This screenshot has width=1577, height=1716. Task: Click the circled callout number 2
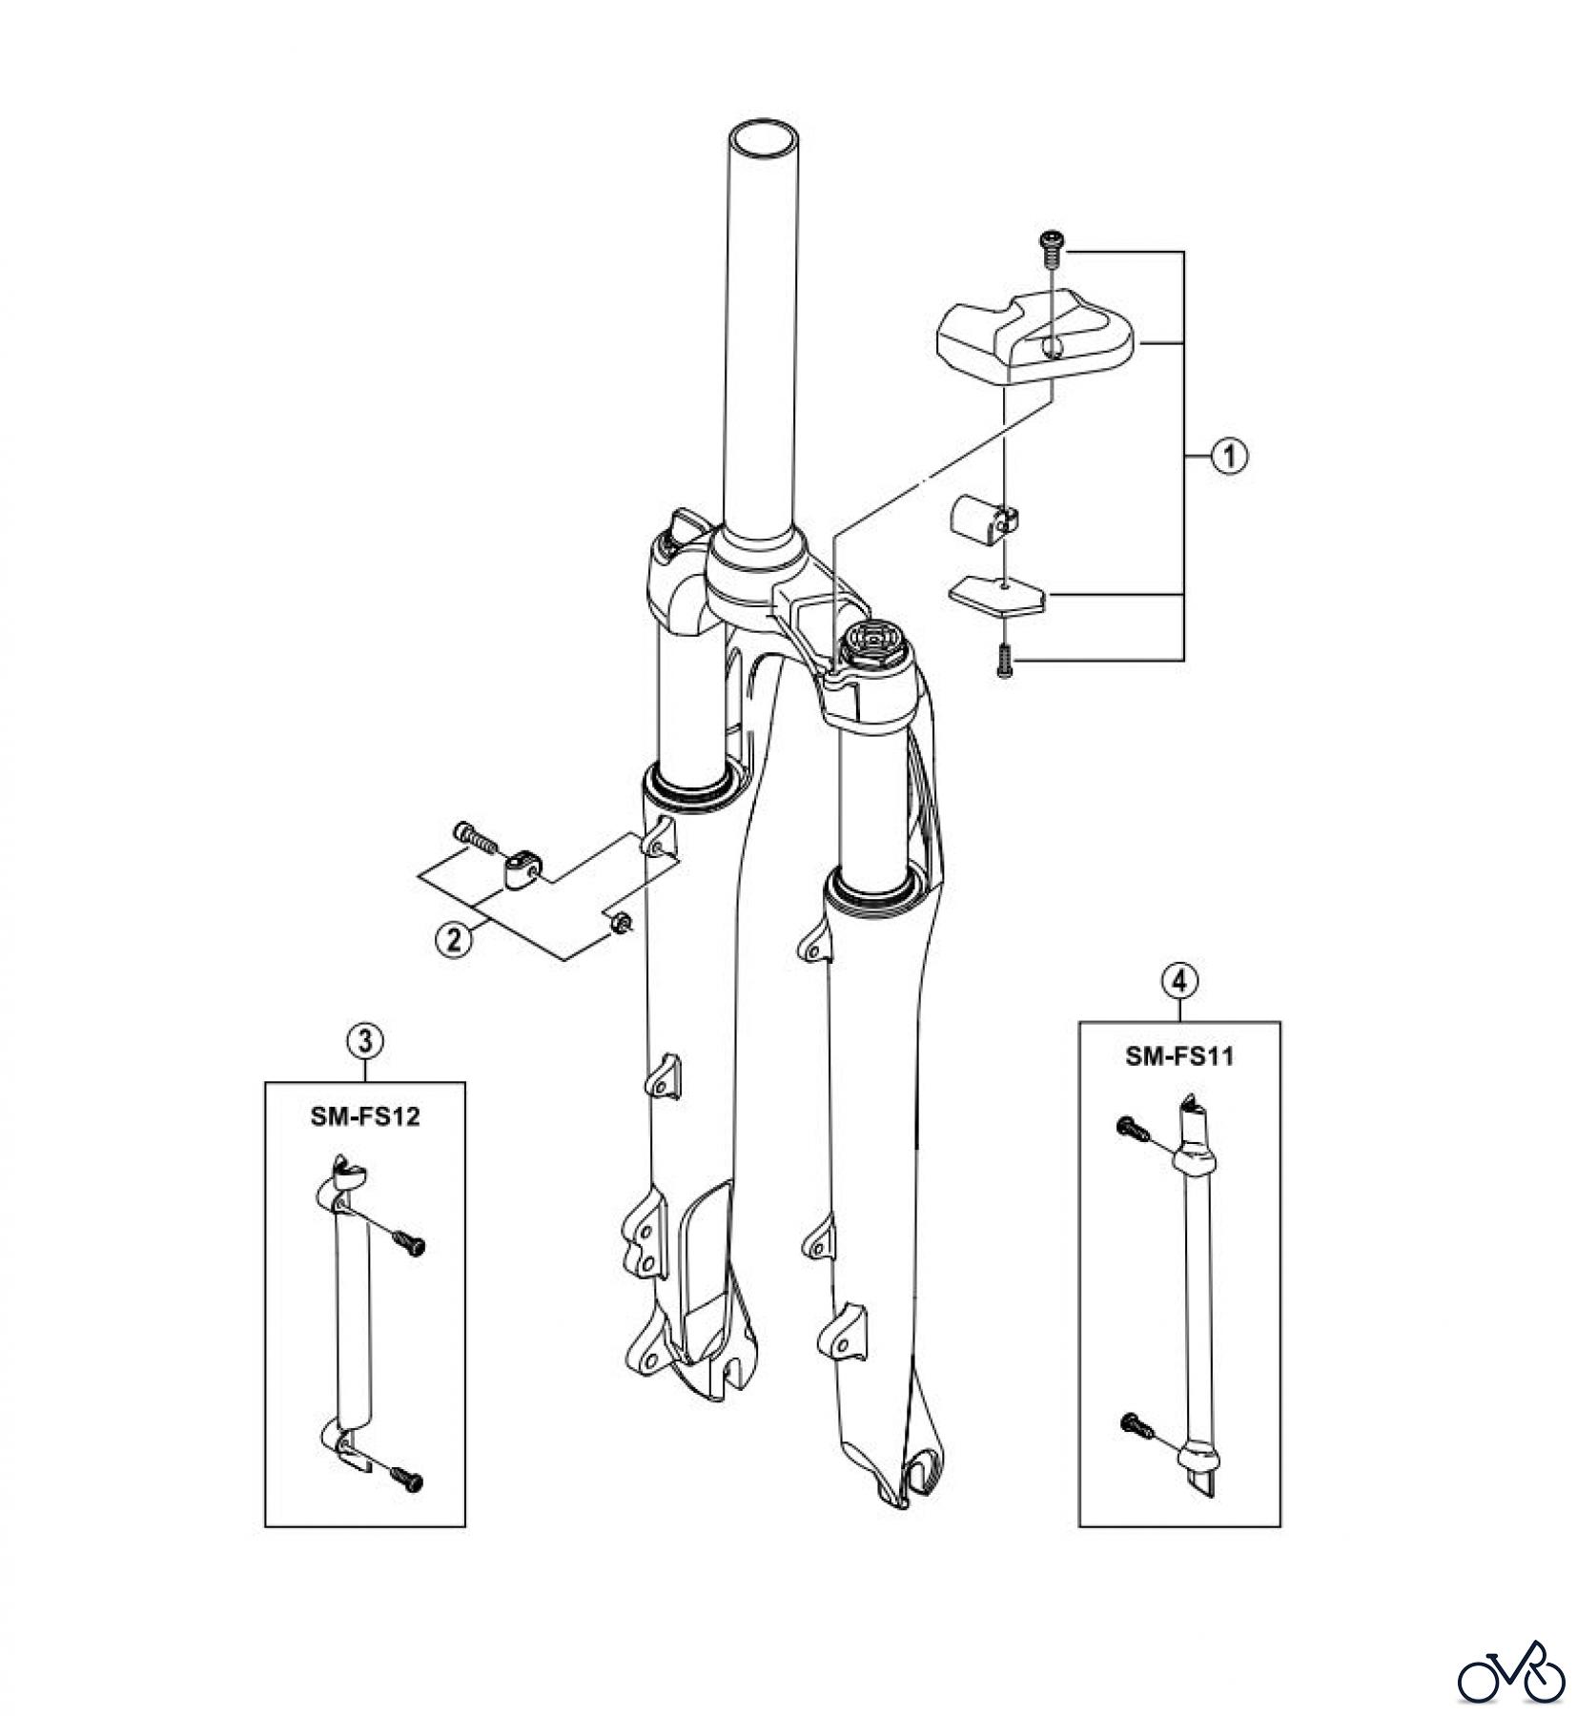point(454,940)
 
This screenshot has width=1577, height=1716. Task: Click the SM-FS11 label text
point(1178,1056)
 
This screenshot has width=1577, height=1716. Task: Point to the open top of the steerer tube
point(762,138)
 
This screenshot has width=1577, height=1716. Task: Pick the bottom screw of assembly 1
point(1001,660)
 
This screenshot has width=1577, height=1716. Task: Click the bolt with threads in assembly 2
point(476,839)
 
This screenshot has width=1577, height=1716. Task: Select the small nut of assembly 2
point(618,921)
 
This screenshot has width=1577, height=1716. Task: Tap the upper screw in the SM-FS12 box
point(407,1243)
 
